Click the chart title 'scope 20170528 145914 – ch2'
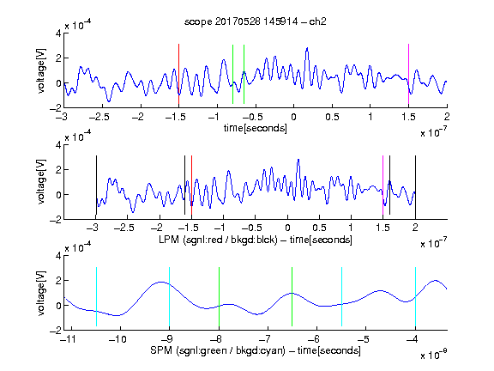tap(256, 21)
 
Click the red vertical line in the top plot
tap(178, 74)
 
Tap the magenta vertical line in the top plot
tap(408, 74)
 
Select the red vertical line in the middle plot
tap(191, 185)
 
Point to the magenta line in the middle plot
tap(383, 185)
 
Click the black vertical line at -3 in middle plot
tap(96, 185)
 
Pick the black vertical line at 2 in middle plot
tap(415, 185)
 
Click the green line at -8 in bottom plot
tap(219, 296)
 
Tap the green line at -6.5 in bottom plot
tap(292, 296)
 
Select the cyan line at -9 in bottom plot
tap(170, 296)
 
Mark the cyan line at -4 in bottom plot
tap(415, 296)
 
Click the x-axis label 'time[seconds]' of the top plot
tap(256, 128)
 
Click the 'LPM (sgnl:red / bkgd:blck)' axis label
tap(218, 240)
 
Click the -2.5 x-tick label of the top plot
tap(99, 117)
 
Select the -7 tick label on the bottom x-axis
tap(266, 339)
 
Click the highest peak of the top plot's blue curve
tap(307, 48)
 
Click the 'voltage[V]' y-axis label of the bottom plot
tap(41, 293)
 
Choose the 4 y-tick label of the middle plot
tap(58, 145)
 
